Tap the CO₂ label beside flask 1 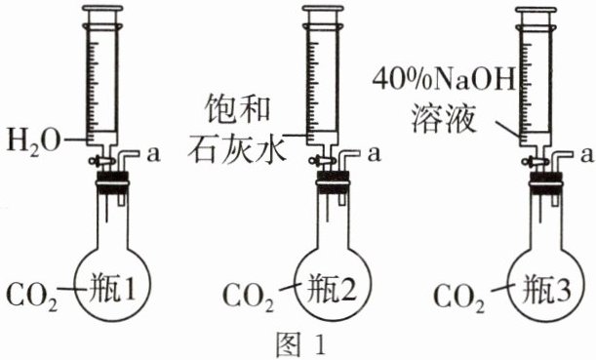tap(32, 296)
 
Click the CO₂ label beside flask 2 tap(248, 296)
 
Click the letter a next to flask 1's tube tap(153, 155)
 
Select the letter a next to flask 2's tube tap(374, 155)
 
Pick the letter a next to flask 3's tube tap(587, 155)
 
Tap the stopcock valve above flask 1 tap(101, 160)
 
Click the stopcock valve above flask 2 tap(321, 160)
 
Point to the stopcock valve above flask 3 tap(535, 161)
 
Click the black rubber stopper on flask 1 tap(113, 182)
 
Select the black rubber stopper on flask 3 tap(546, 182)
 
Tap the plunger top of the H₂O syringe tap(103, 9)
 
